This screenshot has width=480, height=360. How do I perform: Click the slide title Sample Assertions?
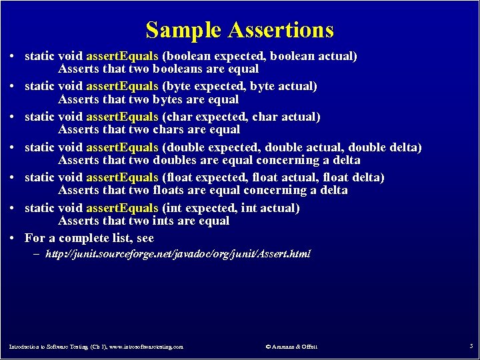[239, 30]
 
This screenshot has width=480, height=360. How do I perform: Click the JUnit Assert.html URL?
[177, 254]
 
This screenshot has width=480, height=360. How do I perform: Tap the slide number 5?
[471, 346]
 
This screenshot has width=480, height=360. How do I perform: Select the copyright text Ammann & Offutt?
[291, 347]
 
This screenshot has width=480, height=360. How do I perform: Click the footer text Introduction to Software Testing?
[96, 347]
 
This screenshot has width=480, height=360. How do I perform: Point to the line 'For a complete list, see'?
[89, 238]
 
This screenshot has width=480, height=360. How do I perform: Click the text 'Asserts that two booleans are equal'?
[159, 69]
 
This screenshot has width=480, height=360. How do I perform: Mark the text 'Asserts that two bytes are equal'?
[148, 99]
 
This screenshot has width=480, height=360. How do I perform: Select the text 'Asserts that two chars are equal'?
[149, 129]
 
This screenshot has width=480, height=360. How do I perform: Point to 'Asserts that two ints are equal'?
[143, 221]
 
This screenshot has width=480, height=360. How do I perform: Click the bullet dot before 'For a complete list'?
[13, 239]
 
